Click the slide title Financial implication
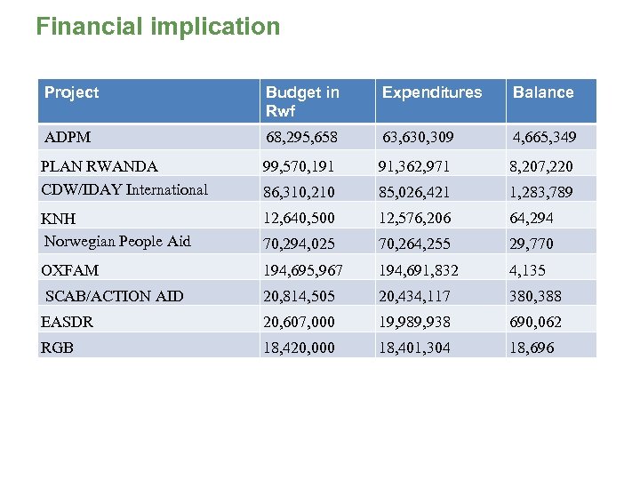[157, 27]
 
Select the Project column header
[72, 92]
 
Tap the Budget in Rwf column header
[302, 101]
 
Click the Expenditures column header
[432, 92]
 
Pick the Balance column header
[543, 92]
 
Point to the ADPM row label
[68, 138]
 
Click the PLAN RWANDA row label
[100, 166]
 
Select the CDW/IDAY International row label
[124, 189]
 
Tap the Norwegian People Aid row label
[117, 242]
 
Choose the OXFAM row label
[70, 270]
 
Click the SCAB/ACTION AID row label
[114, 296]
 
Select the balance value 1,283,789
[540, 192]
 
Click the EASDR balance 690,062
[536, 322]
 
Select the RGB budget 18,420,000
[299, 348]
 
